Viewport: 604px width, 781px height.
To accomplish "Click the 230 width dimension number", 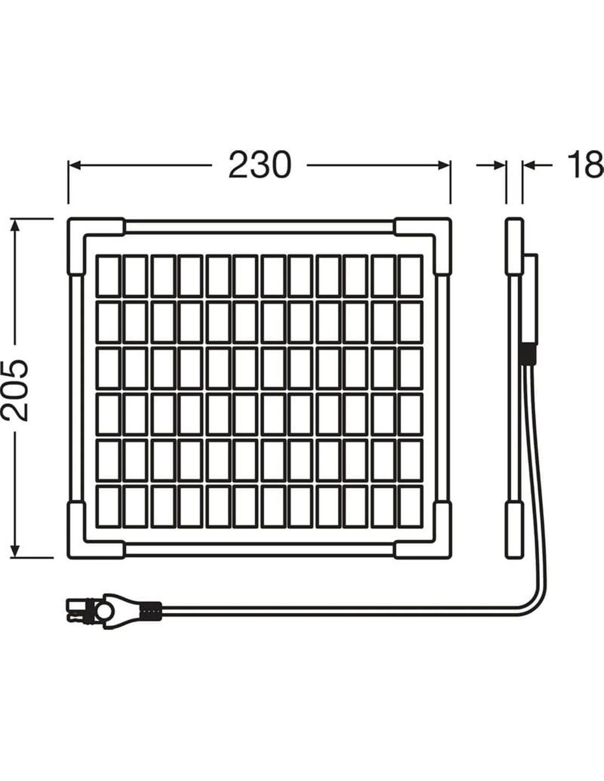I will pyautogui.click(x=259, y=165).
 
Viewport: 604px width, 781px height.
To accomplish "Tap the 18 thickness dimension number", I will pyautogui.click(x=585, y=165).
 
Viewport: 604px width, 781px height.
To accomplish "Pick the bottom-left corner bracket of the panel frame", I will pyautogui.click(x=88, y=539).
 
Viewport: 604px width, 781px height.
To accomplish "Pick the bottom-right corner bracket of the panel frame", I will pyautogui.click(x=431, y=539).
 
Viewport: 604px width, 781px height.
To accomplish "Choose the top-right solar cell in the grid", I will pyautogui.click(x=411, y=275).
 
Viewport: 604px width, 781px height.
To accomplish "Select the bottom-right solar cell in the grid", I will pyautogui.click(x=411, y=505).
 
